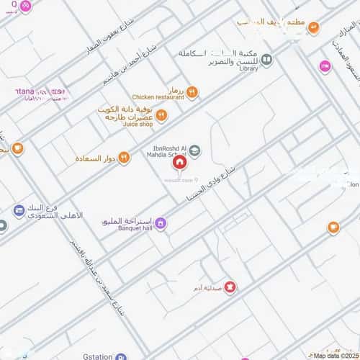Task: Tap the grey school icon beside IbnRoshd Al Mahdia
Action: tap(194, 150)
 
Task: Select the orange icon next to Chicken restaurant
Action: tap(192, 92)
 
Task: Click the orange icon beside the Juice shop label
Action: tap(161, 116)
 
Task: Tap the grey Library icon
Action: tap(266, 60)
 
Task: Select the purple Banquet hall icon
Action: tap(161, 223)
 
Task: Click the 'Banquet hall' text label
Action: tap(132, 229)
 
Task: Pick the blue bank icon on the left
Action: tap(19, 210)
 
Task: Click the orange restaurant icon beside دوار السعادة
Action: tap(124, 158)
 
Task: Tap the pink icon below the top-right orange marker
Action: tap(325, 66)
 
